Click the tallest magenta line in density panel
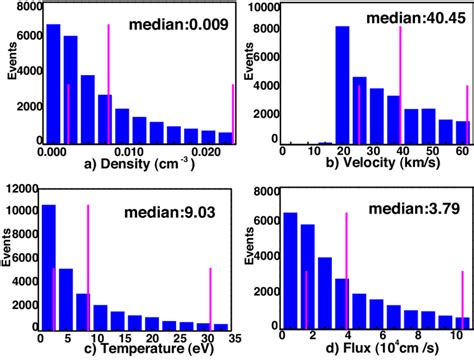point(108,85)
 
